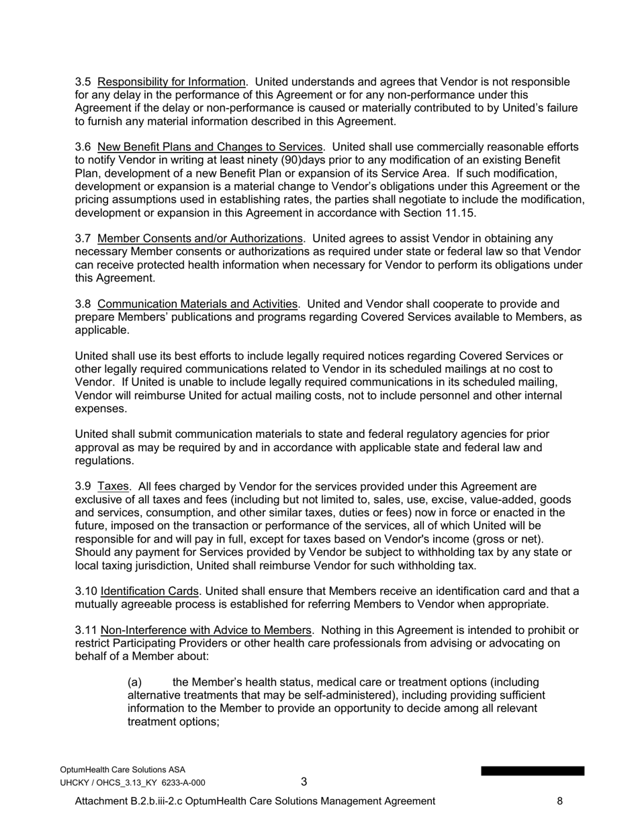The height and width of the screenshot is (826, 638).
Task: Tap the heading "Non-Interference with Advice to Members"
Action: (206, 631)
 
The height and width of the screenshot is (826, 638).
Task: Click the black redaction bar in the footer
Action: (532, 771)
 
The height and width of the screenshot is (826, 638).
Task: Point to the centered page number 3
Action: (304, 782)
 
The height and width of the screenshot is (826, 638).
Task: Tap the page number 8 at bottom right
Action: (559, 801)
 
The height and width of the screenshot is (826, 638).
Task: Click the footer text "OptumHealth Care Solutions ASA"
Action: (122, 770)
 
